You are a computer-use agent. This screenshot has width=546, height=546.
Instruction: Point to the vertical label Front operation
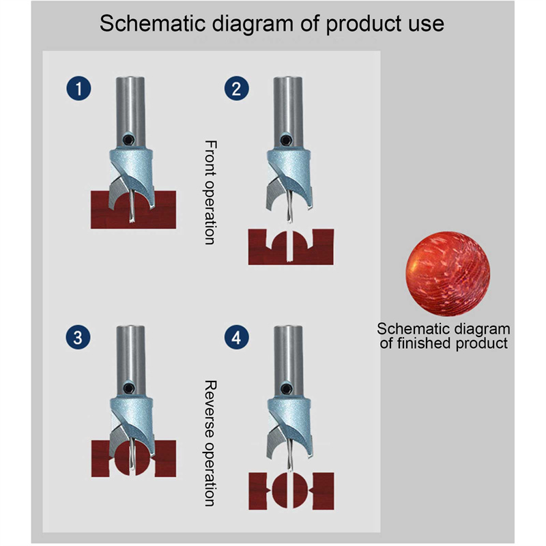tap(211, 192)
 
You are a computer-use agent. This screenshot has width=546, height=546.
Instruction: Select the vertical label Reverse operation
tap(211, 443)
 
